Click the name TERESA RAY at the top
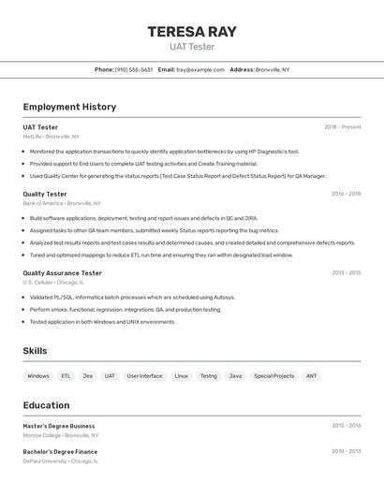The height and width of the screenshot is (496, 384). [191, 32]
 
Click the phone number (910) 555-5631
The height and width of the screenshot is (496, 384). [134, 69]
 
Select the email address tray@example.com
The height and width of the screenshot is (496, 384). [200, 69]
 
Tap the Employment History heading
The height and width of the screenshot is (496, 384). [69, 107]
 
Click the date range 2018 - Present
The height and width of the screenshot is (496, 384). [342, 127]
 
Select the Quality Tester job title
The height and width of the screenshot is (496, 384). [45, 194]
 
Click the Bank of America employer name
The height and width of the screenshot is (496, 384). [42, 203]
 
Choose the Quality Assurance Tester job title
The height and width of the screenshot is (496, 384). [62, 273]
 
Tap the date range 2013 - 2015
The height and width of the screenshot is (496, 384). [346, 273]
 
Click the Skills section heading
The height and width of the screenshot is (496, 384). [36, 351]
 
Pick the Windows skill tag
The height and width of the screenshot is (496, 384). [38, 376]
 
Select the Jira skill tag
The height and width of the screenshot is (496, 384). [87, 376]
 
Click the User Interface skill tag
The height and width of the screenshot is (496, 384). [144, 376]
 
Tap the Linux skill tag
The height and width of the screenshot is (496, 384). [181, 376]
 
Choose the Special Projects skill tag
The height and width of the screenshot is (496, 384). [273, 376]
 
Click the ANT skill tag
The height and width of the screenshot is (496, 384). [311, 376]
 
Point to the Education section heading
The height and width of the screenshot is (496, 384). [46, 405]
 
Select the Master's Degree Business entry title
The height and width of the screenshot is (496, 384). [59, 426]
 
